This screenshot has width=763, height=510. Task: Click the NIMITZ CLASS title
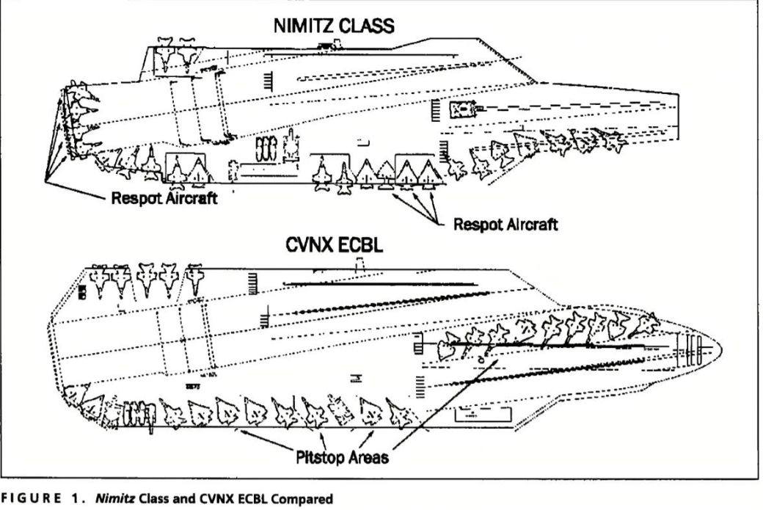click(334, 25)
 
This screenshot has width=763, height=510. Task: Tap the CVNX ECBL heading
click(334, 245)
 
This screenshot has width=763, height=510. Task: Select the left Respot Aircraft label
click(164, 198)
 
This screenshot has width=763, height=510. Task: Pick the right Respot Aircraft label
click(505, 225)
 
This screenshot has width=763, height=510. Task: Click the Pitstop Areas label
click(342, 457)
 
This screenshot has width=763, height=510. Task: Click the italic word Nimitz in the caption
click(116, 499)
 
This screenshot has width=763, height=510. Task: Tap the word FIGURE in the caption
click(31, 499)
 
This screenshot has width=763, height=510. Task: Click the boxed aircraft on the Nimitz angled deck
click(462, 110)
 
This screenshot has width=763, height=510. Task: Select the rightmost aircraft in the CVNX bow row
click(645, 325)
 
